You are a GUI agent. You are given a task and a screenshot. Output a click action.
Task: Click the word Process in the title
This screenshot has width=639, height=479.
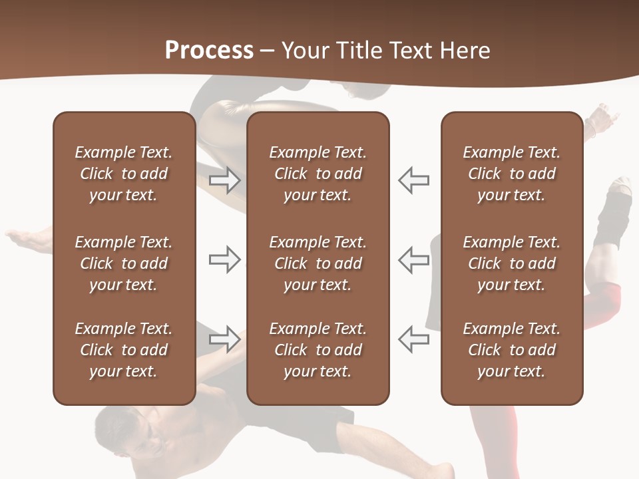coord(209,51)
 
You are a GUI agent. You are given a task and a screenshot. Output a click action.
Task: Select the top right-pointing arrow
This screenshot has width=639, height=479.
coord(225,180)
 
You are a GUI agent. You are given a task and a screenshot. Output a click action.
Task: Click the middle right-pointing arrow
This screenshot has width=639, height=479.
coord(225,259)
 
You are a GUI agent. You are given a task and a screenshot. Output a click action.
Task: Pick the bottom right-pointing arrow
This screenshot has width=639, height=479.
coord(225,339)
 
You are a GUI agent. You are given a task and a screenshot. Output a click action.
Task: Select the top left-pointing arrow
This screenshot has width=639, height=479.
coord(413,180)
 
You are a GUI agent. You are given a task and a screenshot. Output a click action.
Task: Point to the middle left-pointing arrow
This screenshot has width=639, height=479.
coord(413,259)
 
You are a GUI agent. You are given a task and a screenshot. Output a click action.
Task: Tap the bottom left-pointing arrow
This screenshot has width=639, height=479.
coord(413,339)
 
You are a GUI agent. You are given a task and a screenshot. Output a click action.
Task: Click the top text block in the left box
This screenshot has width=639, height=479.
coord(124,174)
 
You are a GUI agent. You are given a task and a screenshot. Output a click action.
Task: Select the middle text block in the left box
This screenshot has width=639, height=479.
coord(124,263)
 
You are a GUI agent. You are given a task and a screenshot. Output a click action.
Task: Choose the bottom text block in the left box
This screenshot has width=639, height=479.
coord(124,350)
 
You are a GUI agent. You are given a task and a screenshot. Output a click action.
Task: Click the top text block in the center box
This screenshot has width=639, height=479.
coord(318,174)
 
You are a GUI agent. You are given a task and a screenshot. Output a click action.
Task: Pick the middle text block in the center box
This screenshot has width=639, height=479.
coord(318,263)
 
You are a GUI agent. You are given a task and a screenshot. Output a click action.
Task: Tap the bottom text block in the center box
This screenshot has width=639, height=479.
coord(318,350)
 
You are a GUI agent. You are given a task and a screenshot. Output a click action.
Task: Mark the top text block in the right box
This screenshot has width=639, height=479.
coord(511,174)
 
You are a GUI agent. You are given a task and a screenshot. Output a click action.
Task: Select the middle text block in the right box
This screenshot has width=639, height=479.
coord(511,263)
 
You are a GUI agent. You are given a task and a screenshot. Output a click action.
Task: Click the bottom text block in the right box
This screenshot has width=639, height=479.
coord(511,350)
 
